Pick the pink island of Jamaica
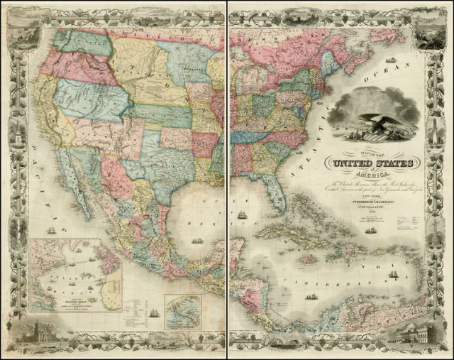click(x=308, y=260)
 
